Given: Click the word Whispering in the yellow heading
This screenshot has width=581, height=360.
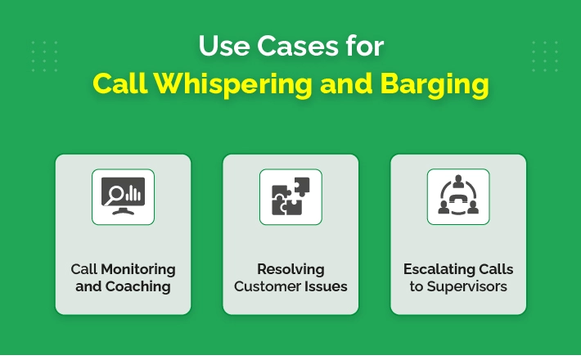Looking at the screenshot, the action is tap(233, 84).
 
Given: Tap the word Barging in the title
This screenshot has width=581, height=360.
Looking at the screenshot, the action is tap(435, 84).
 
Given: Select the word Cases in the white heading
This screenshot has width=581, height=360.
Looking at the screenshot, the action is tap(298, 46).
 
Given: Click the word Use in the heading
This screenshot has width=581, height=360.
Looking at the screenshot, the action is tap(224, 46).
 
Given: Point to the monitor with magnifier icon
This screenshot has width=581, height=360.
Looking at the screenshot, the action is tap(123, 196).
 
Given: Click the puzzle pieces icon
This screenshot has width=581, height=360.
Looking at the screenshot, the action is tap(290, 196).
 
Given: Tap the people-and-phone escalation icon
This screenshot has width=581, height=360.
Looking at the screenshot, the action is tap(458, 196).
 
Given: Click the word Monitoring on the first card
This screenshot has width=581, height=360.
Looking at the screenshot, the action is tap(138, 269).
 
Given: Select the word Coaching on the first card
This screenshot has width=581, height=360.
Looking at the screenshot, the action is tap(137, 286).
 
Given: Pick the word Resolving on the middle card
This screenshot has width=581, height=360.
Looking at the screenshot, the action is tap(290, 269).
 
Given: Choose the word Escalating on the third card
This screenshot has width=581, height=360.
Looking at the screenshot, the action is tap(434, 269).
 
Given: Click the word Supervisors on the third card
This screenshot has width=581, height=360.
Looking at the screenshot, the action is tap(467, 286).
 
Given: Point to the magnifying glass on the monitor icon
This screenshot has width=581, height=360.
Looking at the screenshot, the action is tap(114, 196).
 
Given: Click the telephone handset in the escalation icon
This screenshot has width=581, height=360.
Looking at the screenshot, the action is tap(458, 200).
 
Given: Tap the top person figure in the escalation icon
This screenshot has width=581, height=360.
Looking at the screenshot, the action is tap(458, 182).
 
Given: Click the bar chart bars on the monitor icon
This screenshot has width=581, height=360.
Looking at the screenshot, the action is tap(133, 193).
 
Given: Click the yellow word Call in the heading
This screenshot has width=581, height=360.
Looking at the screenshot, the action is tap(120, 83).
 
